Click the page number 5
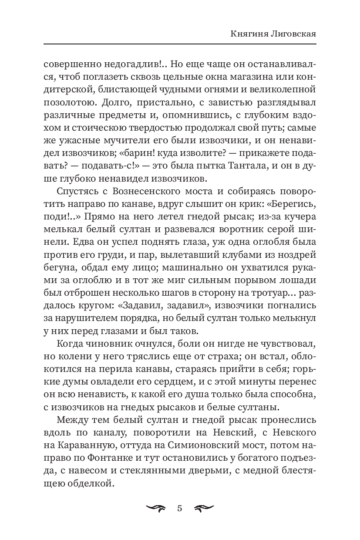pyautogui.click(x=180, y=509)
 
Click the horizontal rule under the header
pyautogui.click(x=180, y=43)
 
